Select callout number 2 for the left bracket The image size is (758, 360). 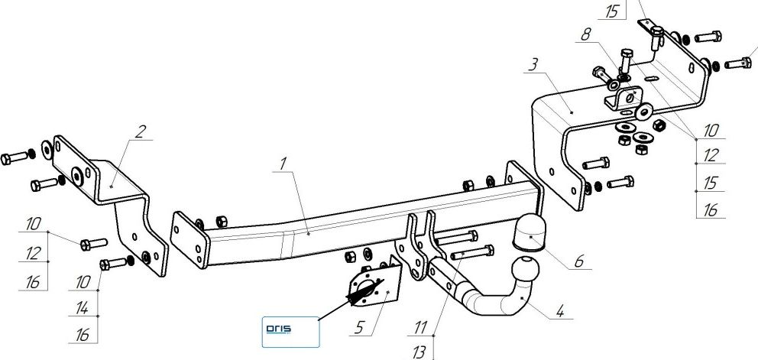(140, 131)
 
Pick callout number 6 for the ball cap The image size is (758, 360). (578, 261)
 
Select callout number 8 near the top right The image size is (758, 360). (587, 34)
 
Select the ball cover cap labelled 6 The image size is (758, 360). (528, 231)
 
